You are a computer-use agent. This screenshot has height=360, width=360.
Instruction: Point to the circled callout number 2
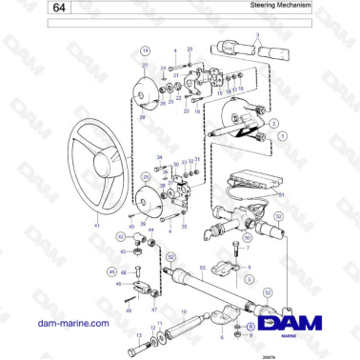click(273, 124)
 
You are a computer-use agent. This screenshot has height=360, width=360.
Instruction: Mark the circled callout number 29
click(144, 177)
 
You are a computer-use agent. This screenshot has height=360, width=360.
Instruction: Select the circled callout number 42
click(121, 235)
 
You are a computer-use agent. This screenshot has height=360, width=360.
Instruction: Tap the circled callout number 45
click(110, 271)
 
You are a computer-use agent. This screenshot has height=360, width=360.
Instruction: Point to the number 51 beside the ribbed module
click(282, 194)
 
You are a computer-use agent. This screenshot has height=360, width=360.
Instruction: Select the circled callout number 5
click(248, 280)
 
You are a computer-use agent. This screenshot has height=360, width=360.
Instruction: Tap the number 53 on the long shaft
click(201, 270)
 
